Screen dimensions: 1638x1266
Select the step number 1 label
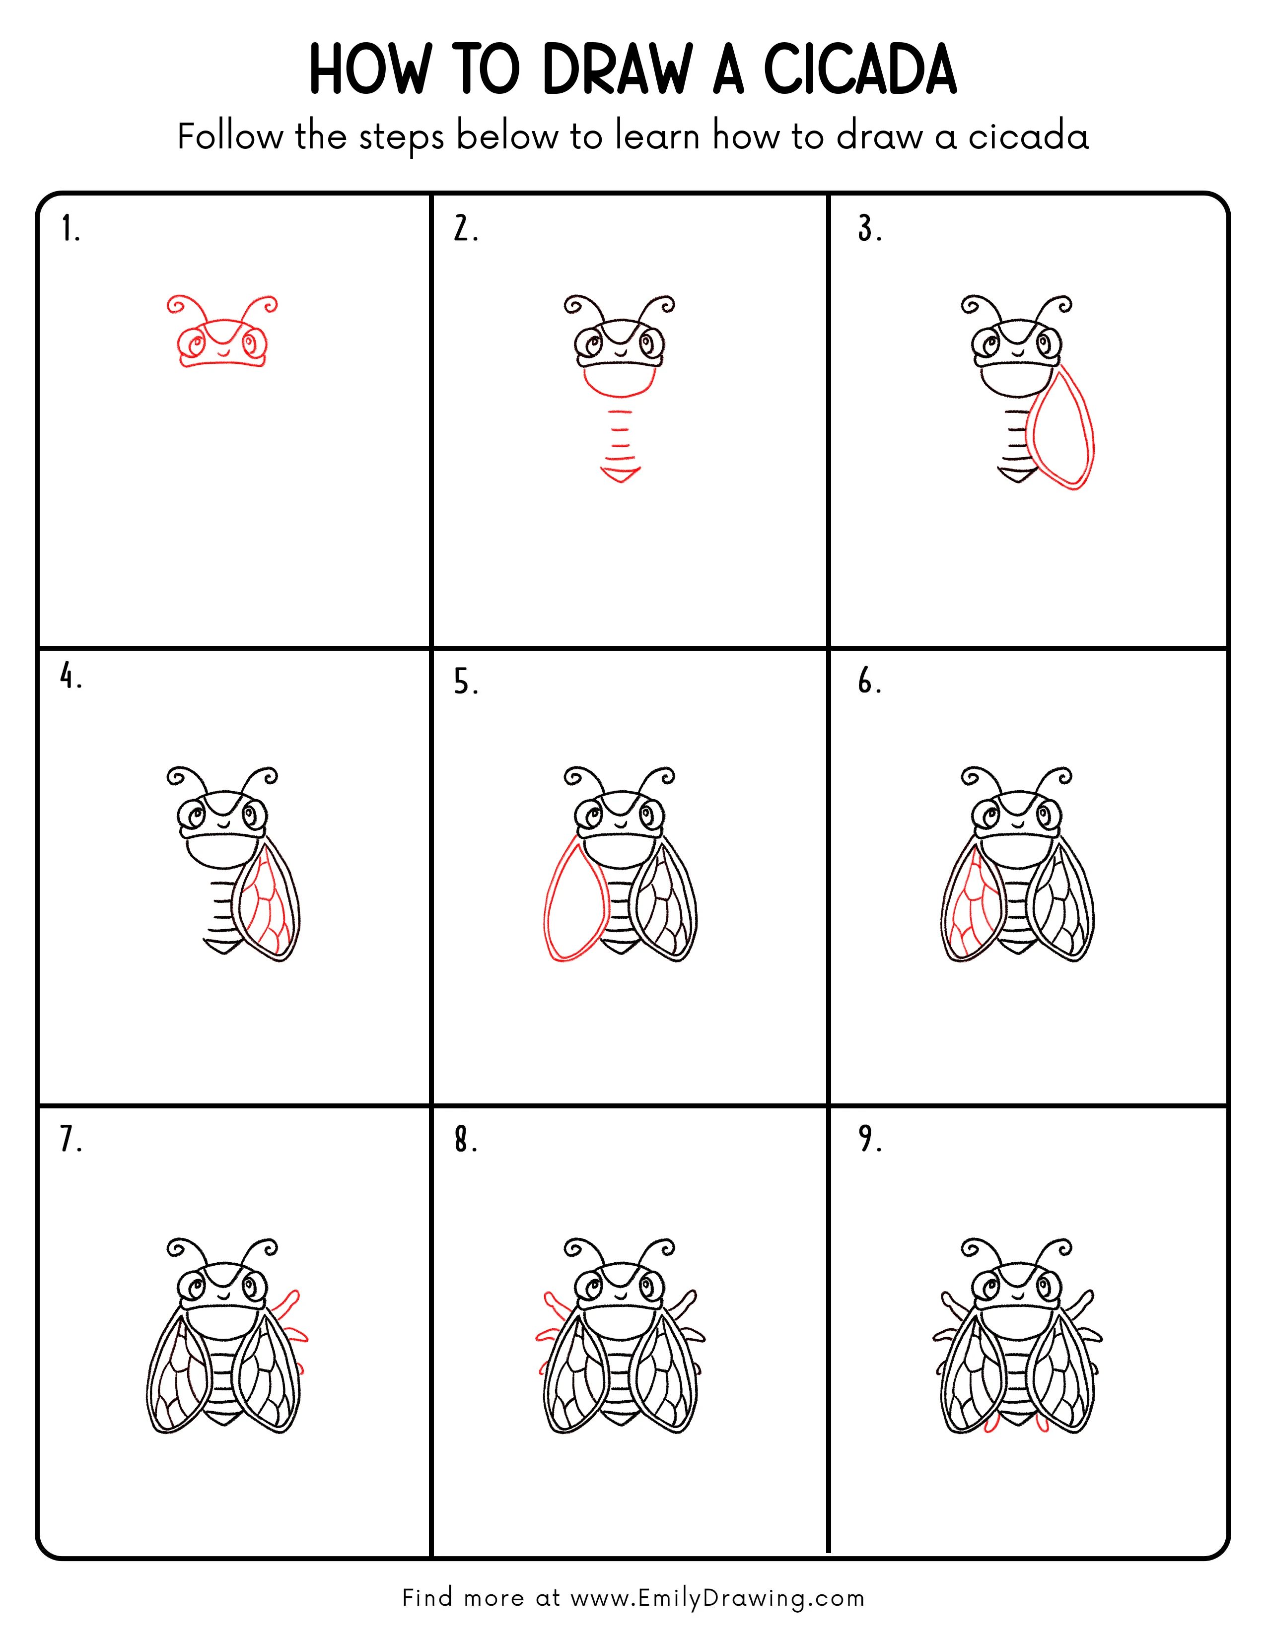(x=70, y=229)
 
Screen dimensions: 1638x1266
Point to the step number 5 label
(x=464, y=682)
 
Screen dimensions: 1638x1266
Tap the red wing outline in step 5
(x=574, y=904)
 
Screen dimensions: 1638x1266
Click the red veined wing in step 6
(x=970, y=907)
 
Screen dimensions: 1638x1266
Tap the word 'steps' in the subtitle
(x=401, y=138)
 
